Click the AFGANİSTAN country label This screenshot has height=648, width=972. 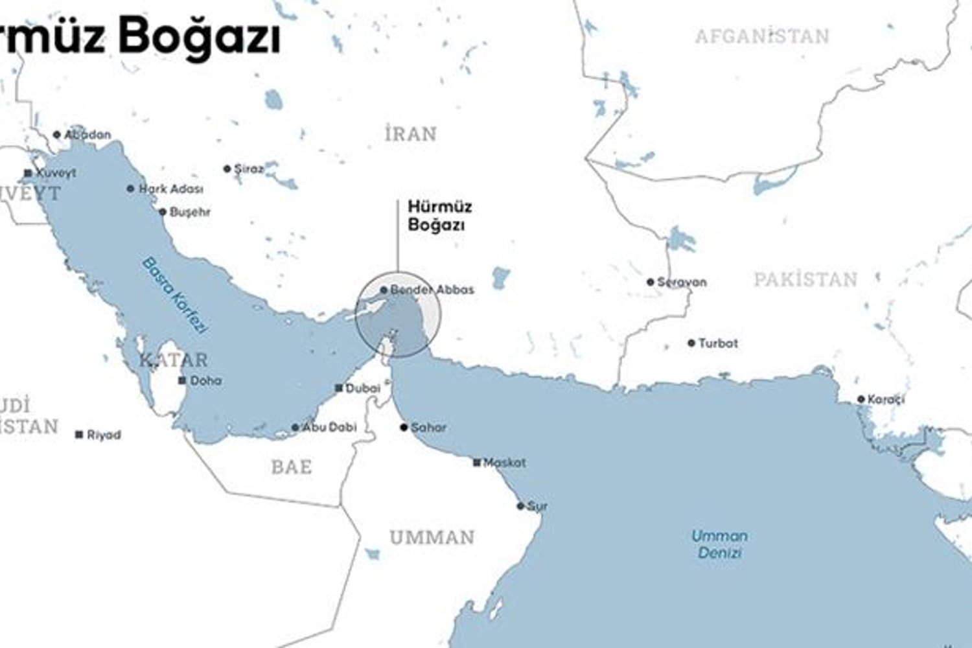(762, 36)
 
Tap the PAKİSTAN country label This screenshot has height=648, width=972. (805, 280)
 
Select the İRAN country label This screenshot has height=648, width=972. (411, 134)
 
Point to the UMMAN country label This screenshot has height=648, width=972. (432, 538)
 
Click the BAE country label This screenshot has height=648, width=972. (292, 467)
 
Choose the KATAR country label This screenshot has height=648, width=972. (174, 360)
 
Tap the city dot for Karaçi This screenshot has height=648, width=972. (861, 399)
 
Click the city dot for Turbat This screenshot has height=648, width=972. (691, 343)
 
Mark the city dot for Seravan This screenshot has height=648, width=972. (651, 282)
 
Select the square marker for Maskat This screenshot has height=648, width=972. (477, 463)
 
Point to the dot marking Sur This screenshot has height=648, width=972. (520, 506)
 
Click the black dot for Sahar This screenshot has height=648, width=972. (404, 428)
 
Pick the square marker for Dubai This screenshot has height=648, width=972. (338, 388)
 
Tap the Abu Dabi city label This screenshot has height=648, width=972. (330, 428)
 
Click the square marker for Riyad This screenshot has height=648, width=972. (79, 435)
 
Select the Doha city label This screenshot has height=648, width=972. (206, 381)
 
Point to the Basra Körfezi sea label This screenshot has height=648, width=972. (174, 295)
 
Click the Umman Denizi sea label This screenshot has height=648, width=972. (719, 544)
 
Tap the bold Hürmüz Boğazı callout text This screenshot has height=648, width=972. (439, 216)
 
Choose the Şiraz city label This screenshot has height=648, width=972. (249, 169)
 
